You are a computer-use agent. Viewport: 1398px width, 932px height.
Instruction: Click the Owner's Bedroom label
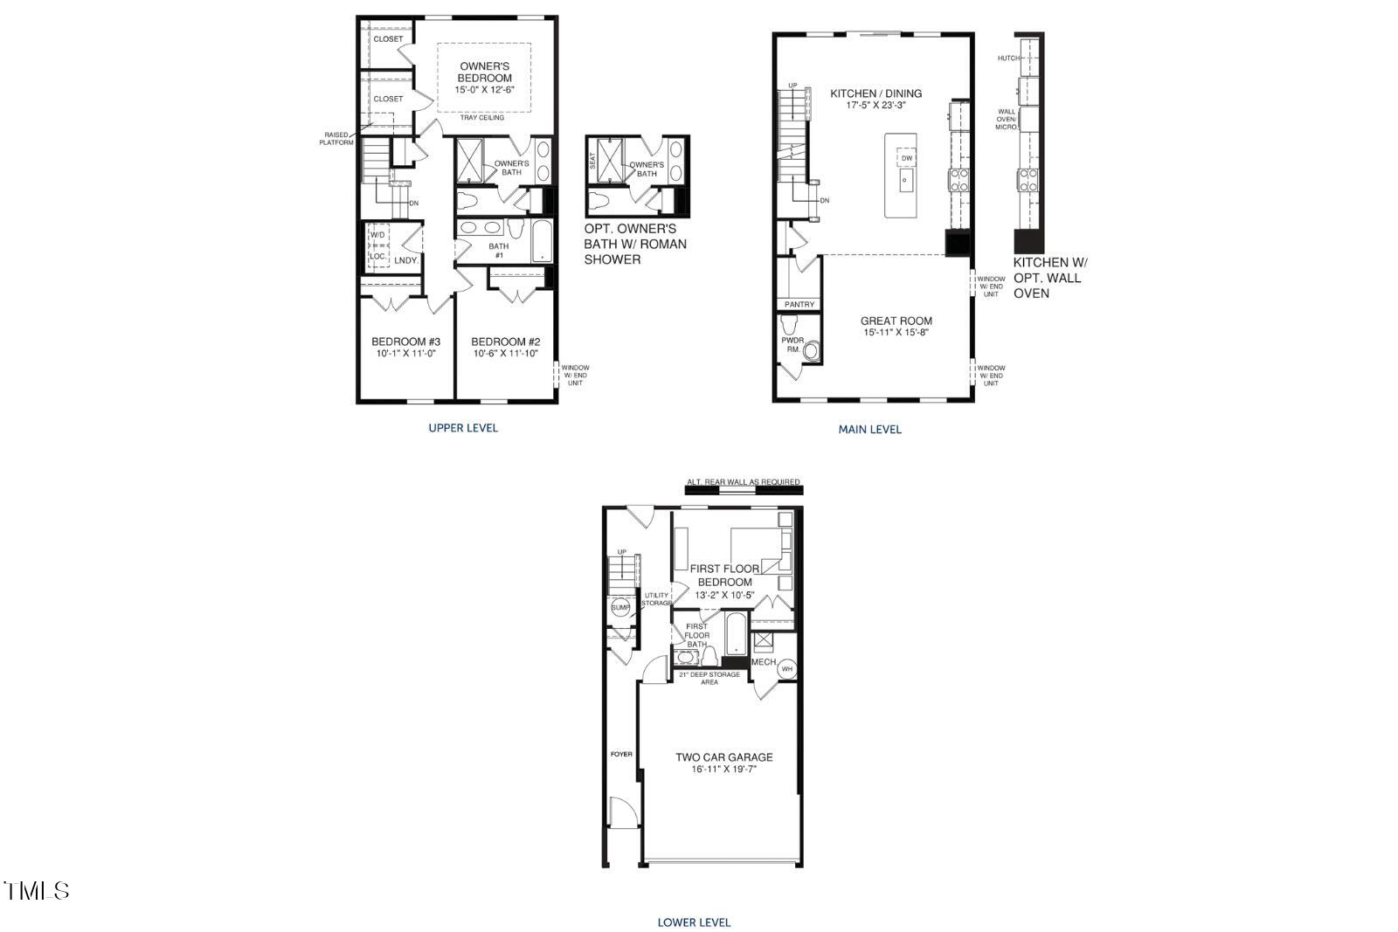pos(484,72)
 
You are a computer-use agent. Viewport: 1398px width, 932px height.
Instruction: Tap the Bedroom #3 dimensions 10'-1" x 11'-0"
pos(405,354)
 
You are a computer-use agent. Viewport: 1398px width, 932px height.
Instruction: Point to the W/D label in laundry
pos(377,236)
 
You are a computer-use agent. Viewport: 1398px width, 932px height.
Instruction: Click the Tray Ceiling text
pos(481,118)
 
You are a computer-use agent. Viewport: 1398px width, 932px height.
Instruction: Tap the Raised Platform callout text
pos(336,138)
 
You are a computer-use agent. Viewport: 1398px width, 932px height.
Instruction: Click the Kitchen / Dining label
pos(875,93)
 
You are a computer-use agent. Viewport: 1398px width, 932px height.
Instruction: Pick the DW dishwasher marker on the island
pos(906,158)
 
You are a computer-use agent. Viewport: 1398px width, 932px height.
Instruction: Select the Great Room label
pos(896,321)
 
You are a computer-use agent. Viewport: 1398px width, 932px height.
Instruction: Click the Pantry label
pos(799,304)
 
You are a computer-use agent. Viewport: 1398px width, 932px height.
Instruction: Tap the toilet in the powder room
pos(813,351)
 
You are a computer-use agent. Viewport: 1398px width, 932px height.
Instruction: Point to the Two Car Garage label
pos(723,757)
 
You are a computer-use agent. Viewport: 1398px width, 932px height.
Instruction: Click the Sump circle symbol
pos(620,608)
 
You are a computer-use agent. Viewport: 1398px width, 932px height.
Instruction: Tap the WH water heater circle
pos(786,669)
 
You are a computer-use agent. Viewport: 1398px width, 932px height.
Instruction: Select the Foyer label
pos(620,754)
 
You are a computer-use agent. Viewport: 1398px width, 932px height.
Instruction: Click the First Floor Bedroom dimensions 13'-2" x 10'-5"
pos(724,595)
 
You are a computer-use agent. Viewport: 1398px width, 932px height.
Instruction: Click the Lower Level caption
pos(694,922)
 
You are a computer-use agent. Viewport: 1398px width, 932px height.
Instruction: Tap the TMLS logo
pos(37,890)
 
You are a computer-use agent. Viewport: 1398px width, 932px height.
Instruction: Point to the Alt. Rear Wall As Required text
pos(743,482)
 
